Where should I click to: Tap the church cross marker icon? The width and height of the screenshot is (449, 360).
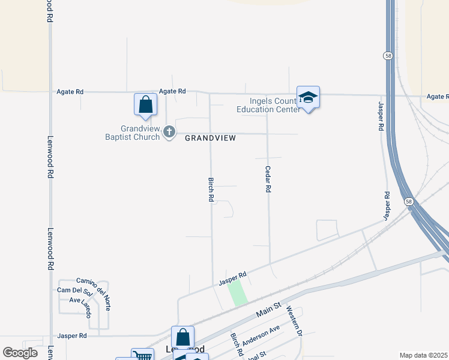tap(169, 131)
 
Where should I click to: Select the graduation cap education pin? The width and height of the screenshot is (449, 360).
tap(308, 97)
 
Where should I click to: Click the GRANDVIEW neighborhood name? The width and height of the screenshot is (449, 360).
tap(210, 138)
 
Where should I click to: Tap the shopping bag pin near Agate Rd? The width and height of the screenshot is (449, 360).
tap(145, 104)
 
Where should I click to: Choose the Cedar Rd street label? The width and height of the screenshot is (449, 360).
tap(268, 179)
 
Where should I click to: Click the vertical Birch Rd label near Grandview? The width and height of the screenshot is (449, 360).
tap(211, 189)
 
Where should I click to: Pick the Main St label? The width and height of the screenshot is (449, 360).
tap(268, 309)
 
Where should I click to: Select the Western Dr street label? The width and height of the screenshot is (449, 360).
tap(292, 321)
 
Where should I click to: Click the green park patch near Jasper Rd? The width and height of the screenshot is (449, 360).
tap(237, 292)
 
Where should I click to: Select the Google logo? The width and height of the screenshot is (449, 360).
tap(20, 353)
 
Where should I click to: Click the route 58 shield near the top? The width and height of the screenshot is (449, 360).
tap(388, 55)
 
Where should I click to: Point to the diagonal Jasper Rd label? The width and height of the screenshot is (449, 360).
tap(233, 278)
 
